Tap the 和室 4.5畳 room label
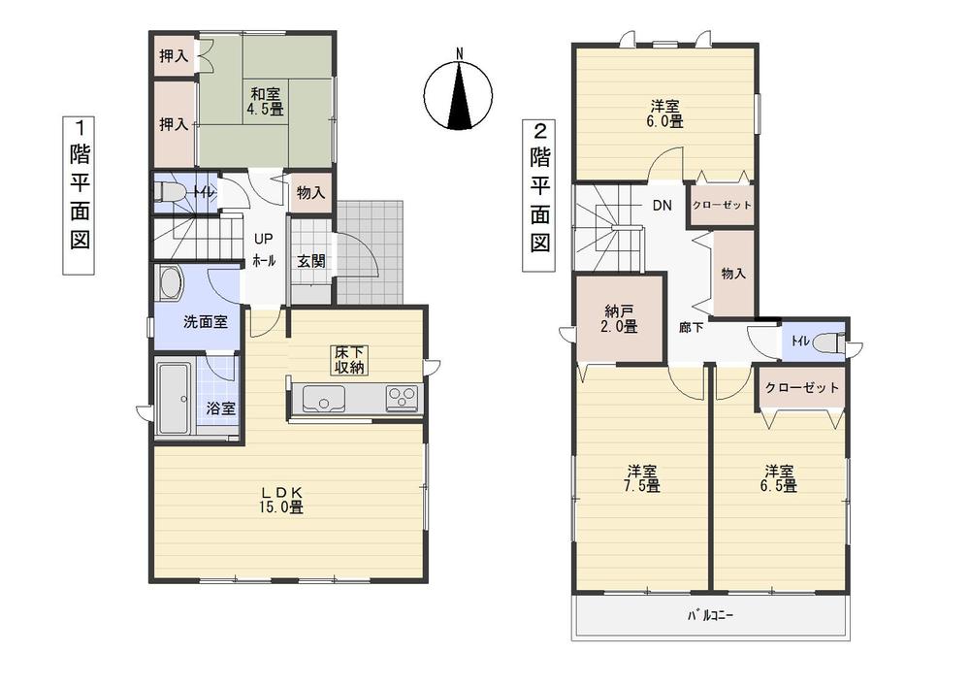tap(266, 102)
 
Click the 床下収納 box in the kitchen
tap(349, 358)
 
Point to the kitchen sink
tap(325, 398)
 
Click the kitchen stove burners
tap(401, 396)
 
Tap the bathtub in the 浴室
tap(176, 398)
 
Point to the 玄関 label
tap(310, 260)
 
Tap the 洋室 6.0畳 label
tap(665, 114)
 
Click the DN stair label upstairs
tap(662, 206)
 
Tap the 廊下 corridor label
tap(691, 328)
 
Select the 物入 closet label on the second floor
tap(733, 273)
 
